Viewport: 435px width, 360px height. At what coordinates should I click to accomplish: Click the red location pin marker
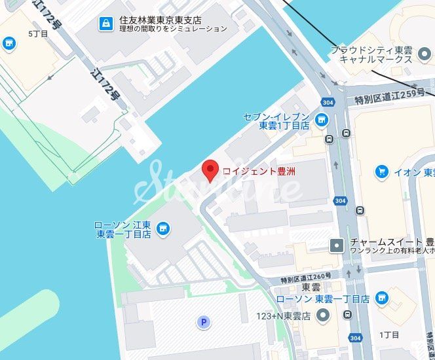coord(210,170)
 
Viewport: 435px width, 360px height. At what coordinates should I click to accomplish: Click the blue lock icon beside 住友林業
coord(105,24)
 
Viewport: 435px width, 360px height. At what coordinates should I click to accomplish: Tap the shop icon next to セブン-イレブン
coord(321,120)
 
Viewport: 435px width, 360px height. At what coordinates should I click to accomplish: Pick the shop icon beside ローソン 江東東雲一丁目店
coord(163,228)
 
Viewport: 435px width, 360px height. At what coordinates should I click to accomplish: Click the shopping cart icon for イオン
coord(381,171)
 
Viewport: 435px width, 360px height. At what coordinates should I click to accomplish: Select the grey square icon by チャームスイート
coord(337,245)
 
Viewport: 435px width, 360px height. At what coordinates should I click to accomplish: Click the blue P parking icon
coord(204,322)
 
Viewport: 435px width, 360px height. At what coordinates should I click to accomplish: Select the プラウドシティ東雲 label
coord(371,50)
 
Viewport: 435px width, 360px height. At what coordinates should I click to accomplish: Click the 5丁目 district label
coord(38,33)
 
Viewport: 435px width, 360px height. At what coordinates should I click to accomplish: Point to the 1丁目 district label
coord(389,334)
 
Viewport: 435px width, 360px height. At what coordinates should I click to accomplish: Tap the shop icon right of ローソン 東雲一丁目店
coord(382,298)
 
